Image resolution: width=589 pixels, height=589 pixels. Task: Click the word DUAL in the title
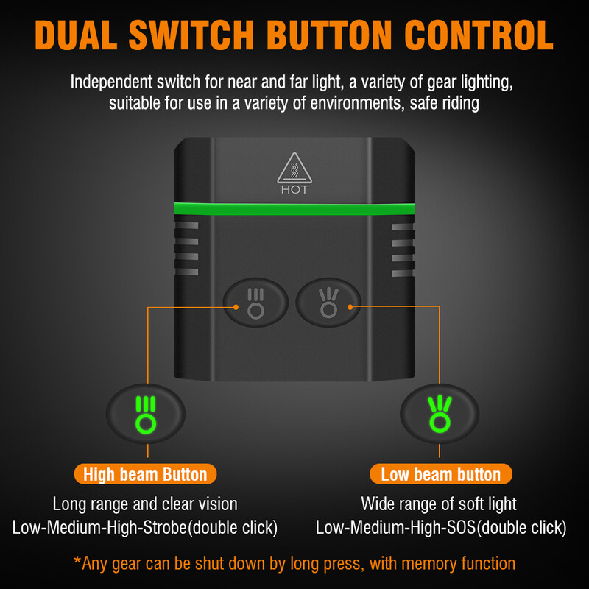click(x=76, y=35)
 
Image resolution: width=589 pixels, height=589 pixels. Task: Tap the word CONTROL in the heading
click(x=479, y=35)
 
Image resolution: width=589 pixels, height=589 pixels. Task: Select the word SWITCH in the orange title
click(x=191, y=35)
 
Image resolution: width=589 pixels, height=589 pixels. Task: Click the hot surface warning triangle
click(x=294, y=168)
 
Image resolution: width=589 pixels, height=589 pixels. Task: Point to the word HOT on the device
click(x=294, y=190)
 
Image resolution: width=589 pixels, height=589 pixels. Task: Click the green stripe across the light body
click(x=294, y=209)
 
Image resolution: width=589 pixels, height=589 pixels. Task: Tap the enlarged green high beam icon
click(x=145, y=415)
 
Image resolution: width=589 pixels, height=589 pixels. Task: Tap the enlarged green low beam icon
click(x=440, y=414)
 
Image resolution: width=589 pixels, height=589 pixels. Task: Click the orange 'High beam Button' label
click(x=145, y=474)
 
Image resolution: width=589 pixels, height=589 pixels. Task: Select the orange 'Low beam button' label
click(x=440, y=474)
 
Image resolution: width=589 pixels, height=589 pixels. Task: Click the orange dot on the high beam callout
click(x=236, y=307)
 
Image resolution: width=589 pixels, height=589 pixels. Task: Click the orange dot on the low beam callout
click(x=350, y=307)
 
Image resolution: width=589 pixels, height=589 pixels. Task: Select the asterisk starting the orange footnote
click(x=77, y=560)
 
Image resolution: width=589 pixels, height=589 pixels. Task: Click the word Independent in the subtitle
click(x=111, y=82)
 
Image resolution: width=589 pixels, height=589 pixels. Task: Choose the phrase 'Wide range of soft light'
click(x=439, y=504)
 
